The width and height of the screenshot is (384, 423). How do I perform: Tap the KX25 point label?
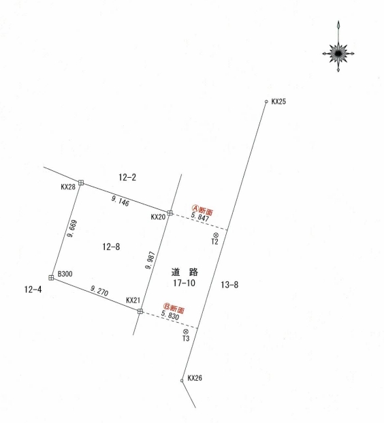[x=278, y=101]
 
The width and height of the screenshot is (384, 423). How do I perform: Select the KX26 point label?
[x=195, y=378]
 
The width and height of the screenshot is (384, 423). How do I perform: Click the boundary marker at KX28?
[x=81, y=183]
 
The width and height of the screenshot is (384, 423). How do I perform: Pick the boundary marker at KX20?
[x=170, y=213]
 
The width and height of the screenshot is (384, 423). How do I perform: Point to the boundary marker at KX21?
[x=140, y=311]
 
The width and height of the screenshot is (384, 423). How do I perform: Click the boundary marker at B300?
[x=51, y=278]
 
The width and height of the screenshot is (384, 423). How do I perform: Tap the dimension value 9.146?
[x=121, y=201]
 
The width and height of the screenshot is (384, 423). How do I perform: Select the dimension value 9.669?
[x=73, y=229]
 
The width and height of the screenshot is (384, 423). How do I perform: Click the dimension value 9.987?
[x=150, y=260]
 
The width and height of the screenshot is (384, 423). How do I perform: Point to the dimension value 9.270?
[x=99, y=291]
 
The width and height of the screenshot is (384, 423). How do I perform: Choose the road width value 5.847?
[x=199, y=217]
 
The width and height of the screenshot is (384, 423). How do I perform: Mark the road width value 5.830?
[x=170, y=315]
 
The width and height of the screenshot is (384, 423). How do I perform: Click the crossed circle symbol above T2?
[x=216, y=235]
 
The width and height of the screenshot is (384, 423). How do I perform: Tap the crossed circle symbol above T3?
[x=185, y=332]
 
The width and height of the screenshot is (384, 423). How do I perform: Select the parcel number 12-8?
[x=111, y=247]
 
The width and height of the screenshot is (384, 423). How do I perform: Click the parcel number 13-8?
[x=229, y=285]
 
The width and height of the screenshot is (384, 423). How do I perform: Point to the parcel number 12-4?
[x=33, y=289]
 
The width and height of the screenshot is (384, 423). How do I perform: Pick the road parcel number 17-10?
[x=185, y=283]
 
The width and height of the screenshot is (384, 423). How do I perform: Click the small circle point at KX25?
[x=266, y=101]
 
